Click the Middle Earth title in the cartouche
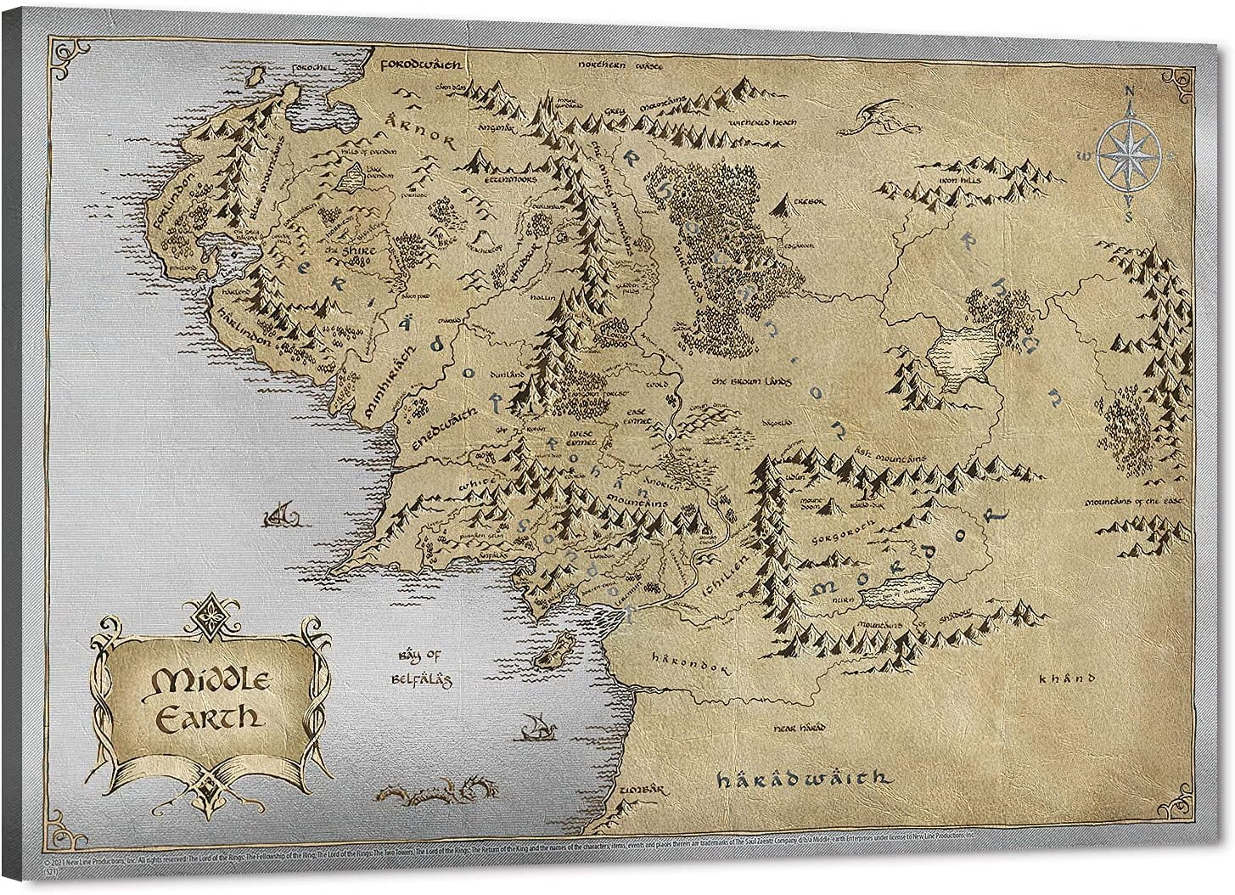pyautogui.click(x=206, y=698)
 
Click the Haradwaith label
pyautogui.click(x=801, y=778)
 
